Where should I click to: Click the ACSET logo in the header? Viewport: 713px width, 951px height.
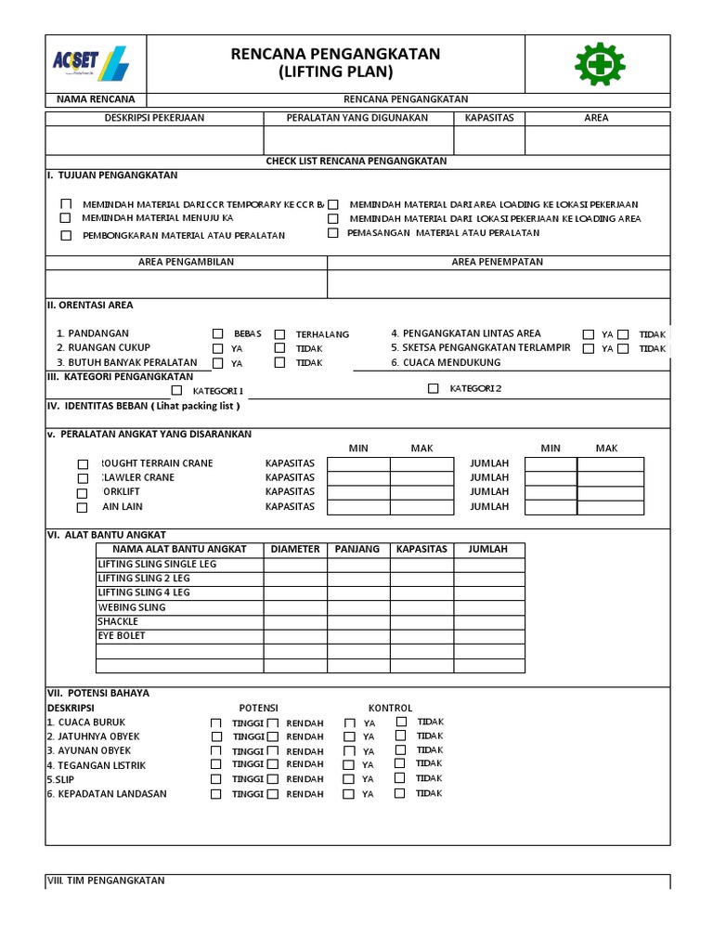tap(91, 63)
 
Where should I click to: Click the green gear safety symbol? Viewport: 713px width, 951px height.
tap(599, 63)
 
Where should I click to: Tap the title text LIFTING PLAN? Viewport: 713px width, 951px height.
tap(335, 72)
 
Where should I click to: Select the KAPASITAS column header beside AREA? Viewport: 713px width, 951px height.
tap(489, 118)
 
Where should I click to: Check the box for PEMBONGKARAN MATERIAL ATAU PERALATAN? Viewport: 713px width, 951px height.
tap(66, 235)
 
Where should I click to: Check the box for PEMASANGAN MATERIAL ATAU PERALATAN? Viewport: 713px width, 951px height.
tap(332, 233)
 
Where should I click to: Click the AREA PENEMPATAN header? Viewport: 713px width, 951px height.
tap(498, 262)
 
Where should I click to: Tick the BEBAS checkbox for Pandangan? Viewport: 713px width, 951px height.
tap(218, 333)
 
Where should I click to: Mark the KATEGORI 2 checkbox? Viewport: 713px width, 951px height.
tap(434, 388)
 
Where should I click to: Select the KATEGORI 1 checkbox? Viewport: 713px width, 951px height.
tap(176, 390)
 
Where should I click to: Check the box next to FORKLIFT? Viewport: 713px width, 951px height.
tap(83, 493)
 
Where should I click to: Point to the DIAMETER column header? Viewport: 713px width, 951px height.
tap(295, 549)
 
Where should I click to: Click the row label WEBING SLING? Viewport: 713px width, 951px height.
tap(132, 607)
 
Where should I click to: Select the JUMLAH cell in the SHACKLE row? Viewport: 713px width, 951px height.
tap(487, 621)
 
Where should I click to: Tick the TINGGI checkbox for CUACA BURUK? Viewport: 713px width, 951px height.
tap(216, 723)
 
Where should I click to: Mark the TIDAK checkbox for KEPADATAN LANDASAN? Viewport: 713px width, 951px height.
tap(400, 793)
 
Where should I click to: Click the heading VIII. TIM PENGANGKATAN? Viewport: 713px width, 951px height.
tap(106, 879)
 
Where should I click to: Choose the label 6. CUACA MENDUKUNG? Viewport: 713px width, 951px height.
tap(446, 362)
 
